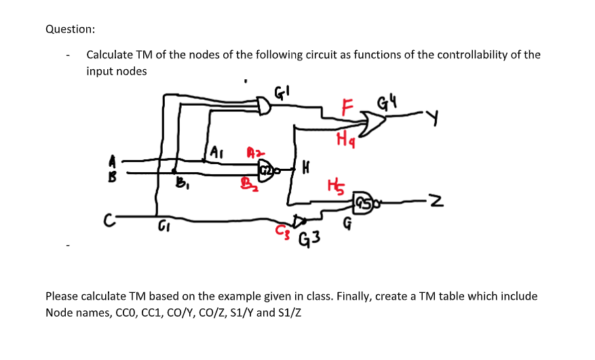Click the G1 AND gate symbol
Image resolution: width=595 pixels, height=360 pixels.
(x=265, y=105)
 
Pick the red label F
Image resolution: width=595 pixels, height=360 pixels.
(x=347, y=106)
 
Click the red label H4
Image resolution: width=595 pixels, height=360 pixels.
(x=343, y=140)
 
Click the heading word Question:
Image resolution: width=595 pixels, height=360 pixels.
(x=70, y=29)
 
